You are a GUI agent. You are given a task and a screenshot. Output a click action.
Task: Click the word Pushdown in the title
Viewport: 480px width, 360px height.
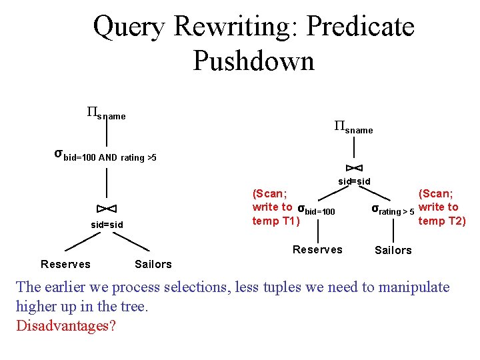253,61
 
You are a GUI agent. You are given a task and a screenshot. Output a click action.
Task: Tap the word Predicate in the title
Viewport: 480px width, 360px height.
360,27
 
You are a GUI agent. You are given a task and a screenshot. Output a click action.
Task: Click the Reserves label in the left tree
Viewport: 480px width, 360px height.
65,264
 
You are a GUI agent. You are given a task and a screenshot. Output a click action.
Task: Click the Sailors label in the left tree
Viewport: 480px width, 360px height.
153,264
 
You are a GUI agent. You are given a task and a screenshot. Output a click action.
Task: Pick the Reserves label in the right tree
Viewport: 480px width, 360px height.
317,249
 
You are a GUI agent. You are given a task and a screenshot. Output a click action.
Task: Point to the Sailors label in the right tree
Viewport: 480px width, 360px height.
393,250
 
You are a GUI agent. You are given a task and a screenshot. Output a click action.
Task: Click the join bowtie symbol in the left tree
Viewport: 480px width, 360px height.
107,209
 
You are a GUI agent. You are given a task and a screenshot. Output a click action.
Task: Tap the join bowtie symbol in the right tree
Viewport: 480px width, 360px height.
354,167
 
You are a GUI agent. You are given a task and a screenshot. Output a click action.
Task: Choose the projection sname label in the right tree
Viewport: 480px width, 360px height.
353,127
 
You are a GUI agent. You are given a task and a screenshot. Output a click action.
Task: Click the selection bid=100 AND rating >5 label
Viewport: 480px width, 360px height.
105,156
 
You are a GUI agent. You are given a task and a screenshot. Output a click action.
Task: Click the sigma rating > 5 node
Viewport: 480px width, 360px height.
393,210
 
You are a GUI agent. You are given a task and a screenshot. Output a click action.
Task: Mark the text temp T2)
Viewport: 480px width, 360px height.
442,221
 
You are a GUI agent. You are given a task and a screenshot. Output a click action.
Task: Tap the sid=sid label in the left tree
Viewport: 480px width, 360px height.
107,225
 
